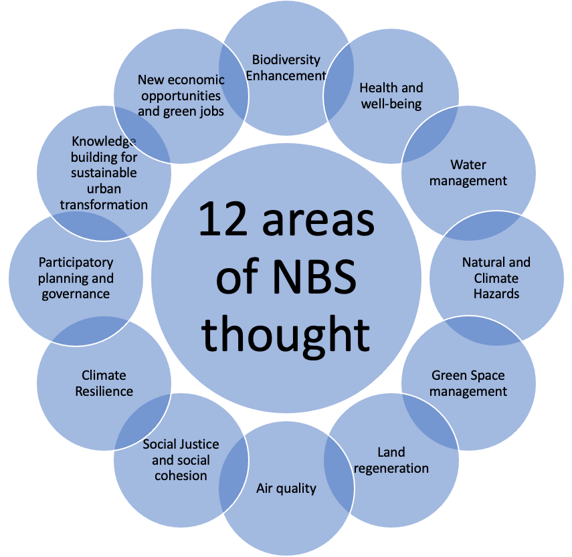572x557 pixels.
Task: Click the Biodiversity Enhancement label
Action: pyautogui.click(x=286, y=68)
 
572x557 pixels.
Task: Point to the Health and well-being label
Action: pyautogui.click(x=391, y=96)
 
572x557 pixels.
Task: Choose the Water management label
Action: pyautogui.click(x=468, y=173)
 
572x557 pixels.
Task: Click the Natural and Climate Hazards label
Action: pyautogui.click(x=496, y=277)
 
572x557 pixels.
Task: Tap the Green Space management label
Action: pyautogui.click(x=468, y=383)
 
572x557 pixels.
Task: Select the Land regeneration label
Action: pyautogui.click(x=391, y=460)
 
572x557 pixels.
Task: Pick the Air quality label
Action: pyautogui.click(x=286, y=488)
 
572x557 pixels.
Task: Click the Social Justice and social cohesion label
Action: pyautogui.click(x=181, y=460)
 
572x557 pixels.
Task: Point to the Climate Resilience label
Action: pyautogui.click(x=104, y=383)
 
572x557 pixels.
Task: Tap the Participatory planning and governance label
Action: pyautogui.click(x=76, y=277)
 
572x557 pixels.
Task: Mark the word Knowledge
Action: pyautogui.click(x=104, y=141)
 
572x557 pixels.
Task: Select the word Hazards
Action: pyautogui.click(x=496, y=294)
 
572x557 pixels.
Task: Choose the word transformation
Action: pyautogui.click(x=104, y=205)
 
